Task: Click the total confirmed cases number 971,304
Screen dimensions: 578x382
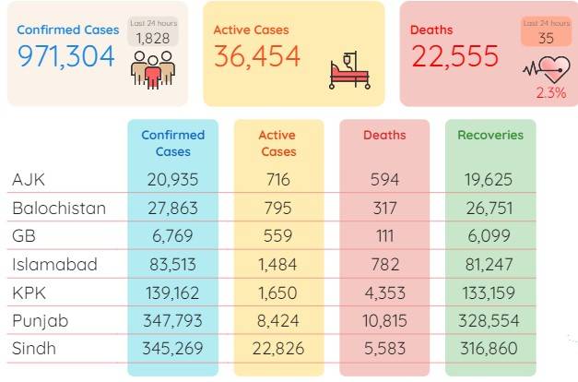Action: pyautogui.click(x=66, y=56)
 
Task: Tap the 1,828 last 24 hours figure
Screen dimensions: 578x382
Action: pyautogui.click(x=153, y=39)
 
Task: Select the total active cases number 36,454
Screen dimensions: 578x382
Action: pyautogui.click(x=257, y=56)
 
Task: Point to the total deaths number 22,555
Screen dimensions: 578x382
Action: pyautogui.click(x=455, y=56)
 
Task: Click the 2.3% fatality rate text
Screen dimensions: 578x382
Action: pyautogui.click(x=551, y=92)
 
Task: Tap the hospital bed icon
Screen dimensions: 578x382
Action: pyautogui.click(x=349, y=70)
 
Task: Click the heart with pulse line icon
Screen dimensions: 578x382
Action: pyautogui.click(x=547, y=69)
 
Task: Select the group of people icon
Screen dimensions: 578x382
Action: pyautogui.click(x=153, y=70)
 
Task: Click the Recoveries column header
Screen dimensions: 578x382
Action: pyautogui.click(x=490, y=135)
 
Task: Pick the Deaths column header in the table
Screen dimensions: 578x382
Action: pyautogui.click(x=384, y=135)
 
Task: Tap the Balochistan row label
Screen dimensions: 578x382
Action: pyautogui.click(x=59, y=209)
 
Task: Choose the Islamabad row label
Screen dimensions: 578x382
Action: pyautogui.click(x=54, y=264)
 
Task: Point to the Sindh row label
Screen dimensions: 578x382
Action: pyautogui.click(x=34, y=349)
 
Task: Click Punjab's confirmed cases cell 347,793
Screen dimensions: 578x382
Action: pyautogui.click(x=172, y=321)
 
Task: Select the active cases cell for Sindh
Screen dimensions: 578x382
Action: pyautogui.click(x=278, y=349)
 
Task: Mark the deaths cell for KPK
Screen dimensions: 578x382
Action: pyautogui.click(x=384, y=293)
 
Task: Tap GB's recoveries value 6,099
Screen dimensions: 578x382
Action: pyautogui.click(x=489, y=236)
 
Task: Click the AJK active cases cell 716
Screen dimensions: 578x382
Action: pyautogui.click(x=278, y=180)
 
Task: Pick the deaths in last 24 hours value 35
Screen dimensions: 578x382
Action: pyautogui.click(x=546, y=39)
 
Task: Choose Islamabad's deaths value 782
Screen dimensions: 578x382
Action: pyautogui.click(x=384, y=264)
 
